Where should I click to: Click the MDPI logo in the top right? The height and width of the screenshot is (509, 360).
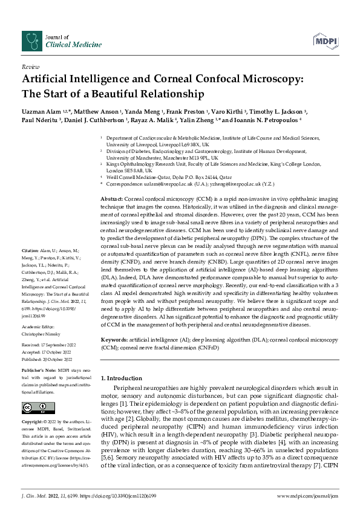tap(324, 40)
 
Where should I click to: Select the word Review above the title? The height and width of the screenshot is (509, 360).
tap(30, 67)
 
